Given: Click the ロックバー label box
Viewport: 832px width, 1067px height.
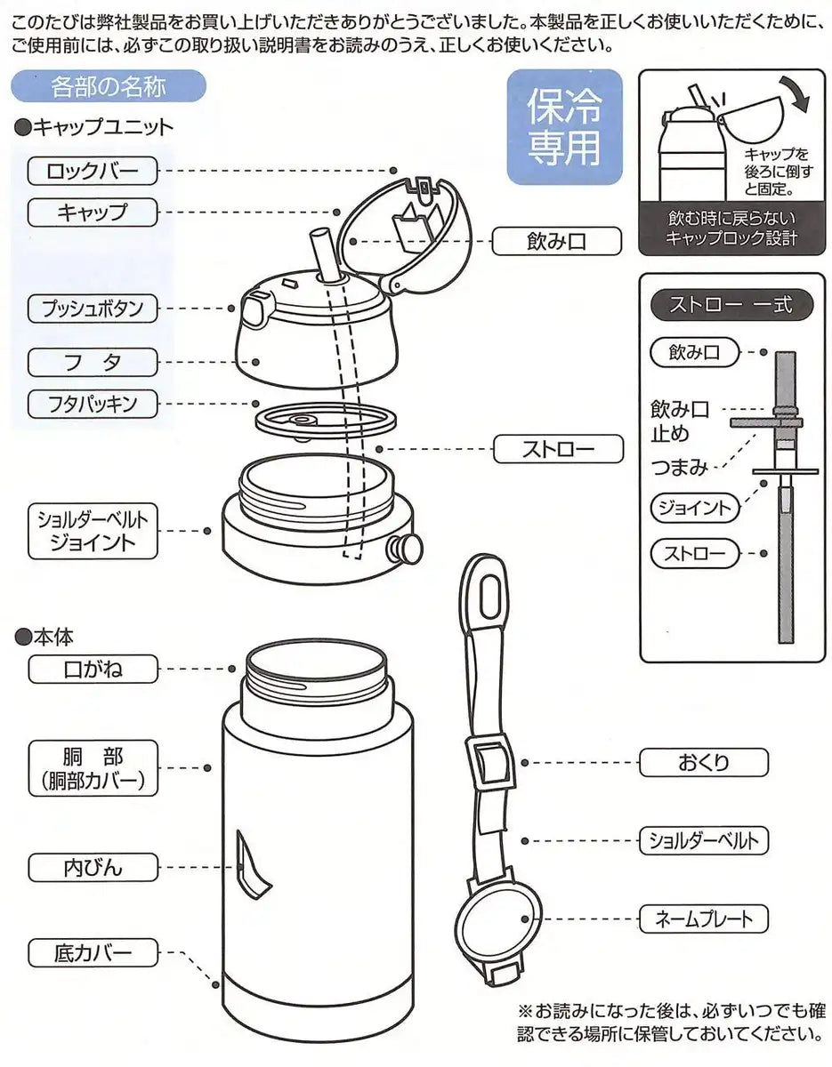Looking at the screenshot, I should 93,169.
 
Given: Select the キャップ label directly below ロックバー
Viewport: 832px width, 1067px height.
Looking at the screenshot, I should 93,212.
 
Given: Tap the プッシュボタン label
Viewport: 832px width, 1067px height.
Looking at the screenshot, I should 93,309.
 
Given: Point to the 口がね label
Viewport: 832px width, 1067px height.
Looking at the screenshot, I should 93,668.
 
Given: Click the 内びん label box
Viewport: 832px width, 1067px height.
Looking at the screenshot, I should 93,866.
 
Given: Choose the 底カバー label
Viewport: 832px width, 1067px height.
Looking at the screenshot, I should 93,953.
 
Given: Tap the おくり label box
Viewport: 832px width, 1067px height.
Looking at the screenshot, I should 702,762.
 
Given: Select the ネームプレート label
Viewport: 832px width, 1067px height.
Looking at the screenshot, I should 702,919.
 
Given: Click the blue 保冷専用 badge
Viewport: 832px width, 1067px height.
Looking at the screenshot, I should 565,127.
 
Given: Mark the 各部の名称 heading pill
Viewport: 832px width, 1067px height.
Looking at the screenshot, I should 109,86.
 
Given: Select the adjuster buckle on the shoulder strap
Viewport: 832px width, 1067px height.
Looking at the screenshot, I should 489,766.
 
